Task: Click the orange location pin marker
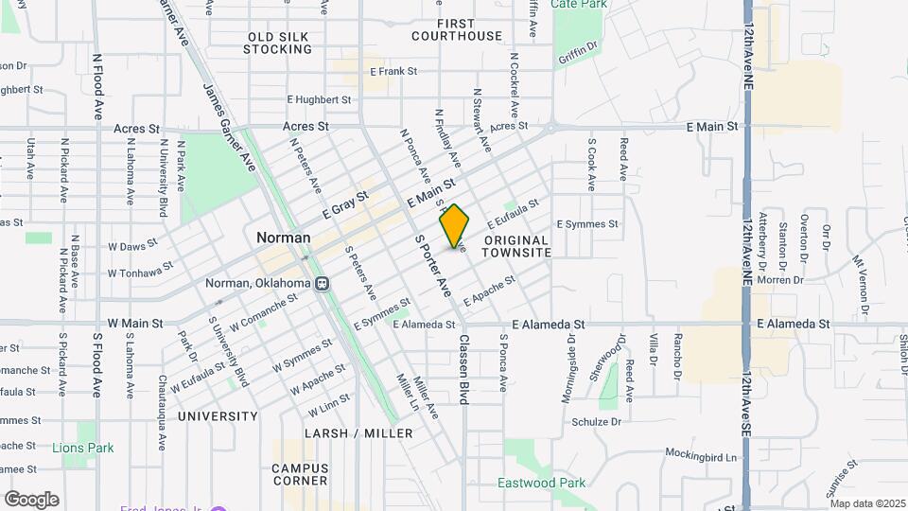455,225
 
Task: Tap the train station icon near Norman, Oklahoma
323,283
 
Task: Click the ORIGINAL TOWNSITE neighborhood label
516,247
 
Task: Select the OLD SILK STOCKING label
278,43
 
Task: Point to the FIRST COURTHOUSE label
457,29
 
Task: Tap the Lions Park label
83,448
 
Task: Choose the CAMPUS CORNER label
300,474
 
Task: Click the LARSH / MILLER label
358,433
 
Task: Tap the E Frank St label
393,71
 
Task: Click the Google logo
31,500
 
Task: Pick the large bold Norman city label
283,238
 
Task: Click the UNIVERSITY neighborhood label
217,416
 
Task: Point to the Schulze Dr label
596,421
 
